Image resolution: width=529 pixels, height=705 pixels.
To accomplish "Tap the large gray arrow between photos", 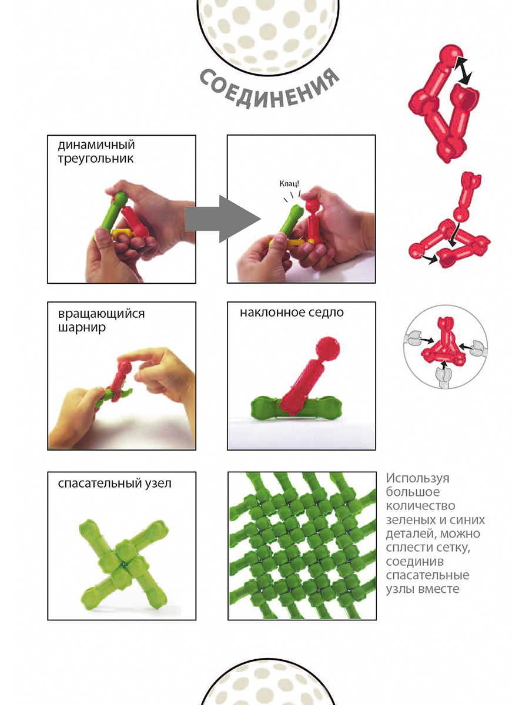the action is point(223,219).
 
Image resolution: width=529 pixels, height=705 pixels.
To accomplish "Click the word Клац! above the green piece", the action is point(289,183).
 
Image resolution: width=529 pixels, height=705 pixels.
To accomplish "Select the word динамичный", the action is point(96,145).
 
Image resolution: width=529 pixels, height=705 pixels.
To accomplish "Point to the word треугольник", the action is point(95,159).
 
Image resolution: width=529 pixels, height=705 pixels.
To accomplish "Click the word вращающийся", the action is point(101,314).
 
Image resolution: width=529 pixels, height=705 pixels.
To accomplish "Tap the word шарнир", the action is point(82,328).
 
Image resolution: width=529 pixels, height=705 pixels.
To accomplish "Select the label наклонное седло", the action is point(292,313).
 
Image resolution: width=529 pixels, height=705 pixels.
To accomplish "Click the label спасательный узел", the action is point(115,484).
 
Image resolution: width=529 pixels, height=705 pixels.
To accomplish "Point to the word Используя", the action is point(417,478).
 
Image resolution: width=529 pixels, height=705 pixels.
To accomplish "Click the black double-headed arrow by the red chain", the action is point(463,70).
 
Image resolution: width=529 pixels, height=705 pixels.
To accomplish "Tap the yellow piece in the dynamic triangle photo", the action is point(122,233).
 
